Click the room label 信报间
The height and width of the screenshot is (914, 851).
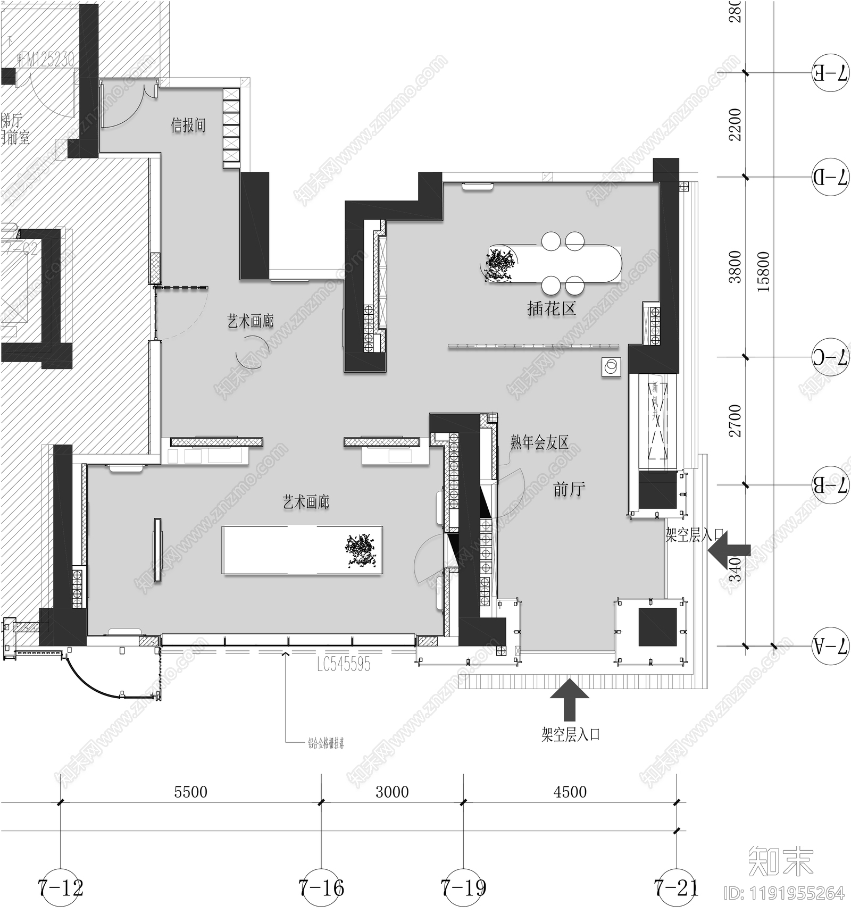188,125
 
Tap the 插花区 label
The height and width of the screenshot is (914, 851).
552,309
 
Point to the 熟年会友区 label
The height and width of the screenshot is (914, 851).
539,442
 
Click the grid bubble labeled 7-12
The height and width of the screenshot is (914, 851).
61,887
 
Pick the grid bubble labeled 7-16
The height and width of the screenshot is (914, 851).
321,887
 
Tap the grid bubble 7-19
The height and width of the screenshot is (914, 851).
463,887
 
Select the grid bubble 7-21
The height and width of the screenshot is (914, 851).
675,887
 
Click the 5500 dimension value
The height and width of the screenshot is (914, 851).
190,792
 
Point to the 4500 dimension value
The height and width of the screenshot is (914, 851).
570,792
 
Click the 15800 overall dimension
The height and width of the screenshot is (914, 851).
763,271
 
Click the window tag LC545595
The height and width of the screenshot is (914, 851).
344,664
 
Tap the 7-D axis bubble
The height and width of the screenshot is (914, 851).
830,177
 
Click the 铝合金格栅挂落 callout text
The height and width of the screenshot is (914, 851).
326,743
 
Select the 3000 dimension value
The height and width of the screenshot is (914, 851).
392,792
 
